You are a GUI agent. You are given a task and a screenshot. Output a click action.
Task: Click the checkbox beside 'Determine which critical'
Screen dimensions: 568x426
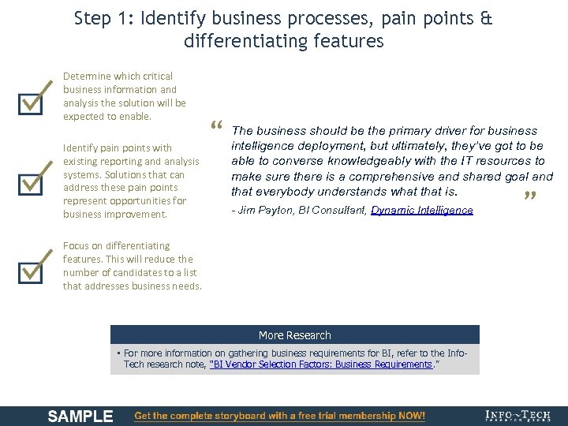click(x=30, y=102)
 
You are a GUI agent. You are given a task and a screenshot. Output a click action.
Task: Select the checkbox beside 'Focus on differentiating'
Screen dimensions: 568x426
click(x=30, y=269)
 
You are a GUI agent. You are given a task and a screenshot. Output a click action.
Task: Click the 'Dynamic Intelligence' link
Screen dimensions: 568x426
click(x=422, y=211)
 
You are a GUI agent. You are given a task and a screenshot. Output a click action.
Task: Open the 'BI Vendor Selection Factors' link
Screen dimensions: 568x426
click(x=322, y=365)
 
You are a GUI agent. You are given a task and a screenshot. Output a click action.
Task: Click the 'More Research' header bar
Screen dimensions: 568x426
click(x=295, y=335)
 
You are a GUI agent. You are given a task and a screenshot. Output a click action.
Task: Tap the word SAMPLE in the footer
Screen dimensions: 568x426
click(x=80, y=416)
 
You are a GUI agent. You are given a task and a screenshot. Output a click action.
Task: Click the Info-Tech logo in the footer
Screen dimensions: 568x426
click(x=518, y=416)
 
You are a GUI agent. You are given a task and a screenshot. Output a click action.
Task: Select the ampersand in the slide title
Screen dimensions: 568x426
click(x=485, y=18)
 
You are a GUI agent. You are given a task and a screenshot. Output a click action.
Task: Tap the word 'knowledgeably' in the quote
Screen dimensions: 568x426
click(x=354, y=161)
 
